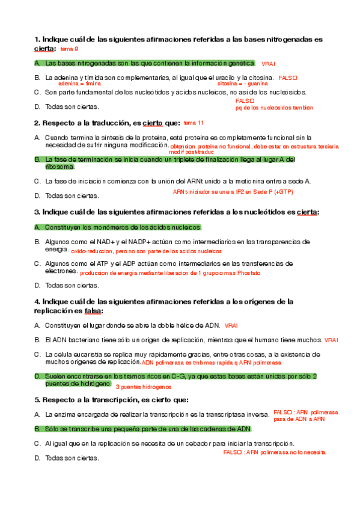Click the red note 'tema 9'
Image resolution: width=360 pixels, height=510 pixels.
[69, 49]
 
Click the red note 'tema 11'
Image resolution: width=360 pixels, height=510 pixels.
[194, 123]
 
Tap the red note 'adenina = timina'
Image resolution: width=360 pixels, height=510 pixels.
[79, 84]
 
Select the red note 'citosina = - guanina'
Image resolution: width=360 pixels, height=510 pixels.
[242, 84]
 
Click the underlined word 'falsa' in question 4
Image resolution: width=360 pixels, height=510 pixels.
[93, 311]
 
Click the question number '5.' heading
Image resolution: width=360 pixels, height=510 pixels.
[38, 399]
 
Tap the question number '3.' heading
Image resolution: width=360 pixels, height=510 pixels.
[38, 212]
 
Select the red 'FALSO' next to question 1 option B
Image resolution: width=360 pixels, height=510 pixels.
[288, 78]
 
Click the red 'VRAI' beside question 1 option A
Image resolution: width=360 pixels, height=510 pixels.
[268, 64]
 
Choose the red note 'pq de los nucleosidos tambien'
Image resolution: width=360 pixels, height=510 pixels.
[274, 108]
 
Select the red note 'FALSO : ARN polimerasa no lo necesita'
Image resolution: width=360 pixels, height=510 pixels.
[274, 452]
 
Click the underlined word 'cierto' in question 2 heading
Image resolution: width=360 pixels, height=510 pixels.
[152, 123]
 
